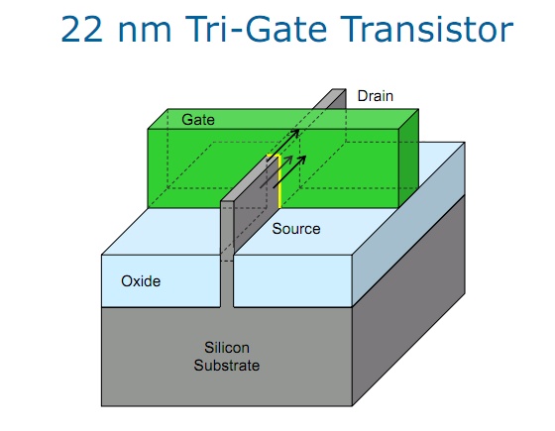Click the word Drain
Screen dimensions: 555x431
(376, 96)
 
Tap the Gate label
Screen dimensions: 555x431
(198, 120)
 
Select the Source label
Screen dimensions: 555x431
(296, 229)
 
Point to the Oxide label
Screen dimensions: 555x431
(141, 281)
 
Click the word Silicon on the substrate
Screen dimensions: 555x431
(227, 348)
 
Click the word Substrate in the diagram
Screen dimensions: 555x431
(227, 366)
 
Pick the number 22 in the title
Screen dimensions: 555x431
(81, 30)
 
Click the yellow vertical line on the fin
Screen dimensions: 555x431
(279, 181)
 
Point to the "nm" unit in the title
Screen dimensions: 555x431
(145, 33)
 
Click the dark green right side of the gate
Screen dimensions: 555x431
(408, 159)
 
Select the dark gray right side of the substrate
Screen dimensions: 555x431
(408, 301)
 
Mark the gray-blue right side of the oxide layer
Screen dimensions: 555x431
(408, 224)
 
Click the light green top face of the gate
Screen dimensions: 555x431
(283, 119)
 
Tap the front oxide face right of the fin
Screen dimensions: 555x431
(292, 280)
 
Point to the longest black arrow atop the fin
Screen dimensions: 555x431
(283, 146)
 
